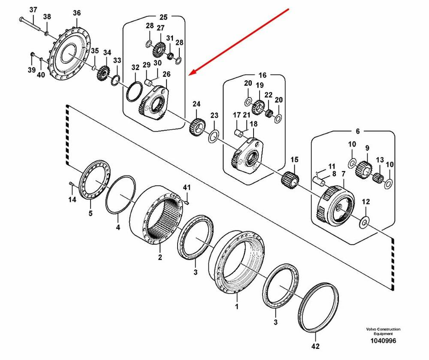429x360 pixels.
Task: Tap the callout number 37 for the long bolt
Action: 33,10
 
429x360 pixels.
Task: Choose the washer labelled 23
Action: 213,137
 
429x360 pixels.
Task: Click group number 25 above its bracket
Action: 163,17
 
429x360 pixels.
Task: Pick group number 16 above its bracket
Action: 262,75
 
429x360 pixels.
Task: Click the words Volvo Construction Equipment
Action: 383,331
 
